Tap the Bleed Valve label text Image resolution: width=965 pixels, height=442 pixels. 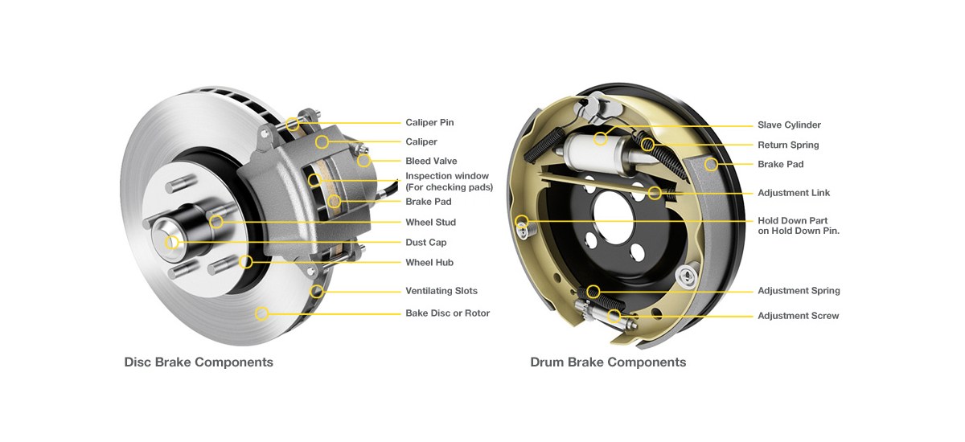431,162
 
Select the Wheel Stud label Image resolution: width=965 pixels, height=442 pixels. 430,223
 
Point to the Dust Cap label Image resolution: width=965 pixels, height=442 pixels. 425,243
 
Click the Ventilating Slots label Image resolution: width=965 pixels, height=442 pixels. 441,291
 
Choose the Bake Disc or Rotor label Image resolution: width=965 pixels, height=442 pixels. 447,313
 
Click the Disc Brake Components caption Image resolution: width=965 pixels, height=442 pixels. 199,362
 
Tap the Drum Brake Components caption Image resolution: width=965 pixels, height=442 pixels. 608,362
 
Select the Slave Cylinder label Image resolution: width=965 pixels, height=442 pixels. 789,125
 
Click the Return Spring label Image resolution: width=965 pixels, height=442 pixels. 788,145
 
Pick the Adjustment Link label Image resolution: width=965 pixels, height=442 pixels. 794,193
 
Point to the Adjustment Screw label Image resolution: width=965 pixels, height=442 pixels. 798,316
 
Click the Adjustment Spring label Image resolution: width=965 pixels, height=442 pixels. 799,291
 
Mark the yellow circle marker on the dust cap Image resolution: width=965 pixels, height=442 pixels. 171,242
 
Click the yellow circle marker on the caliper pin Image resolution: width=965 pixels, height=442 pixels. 293,123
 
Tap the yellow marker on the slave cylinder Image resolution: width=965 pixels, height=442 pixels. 600,139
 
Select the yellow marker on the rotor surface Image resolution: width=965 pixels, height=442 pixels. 261,313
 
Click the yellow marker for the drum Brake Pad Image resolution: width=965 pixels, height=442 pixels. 711,164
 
